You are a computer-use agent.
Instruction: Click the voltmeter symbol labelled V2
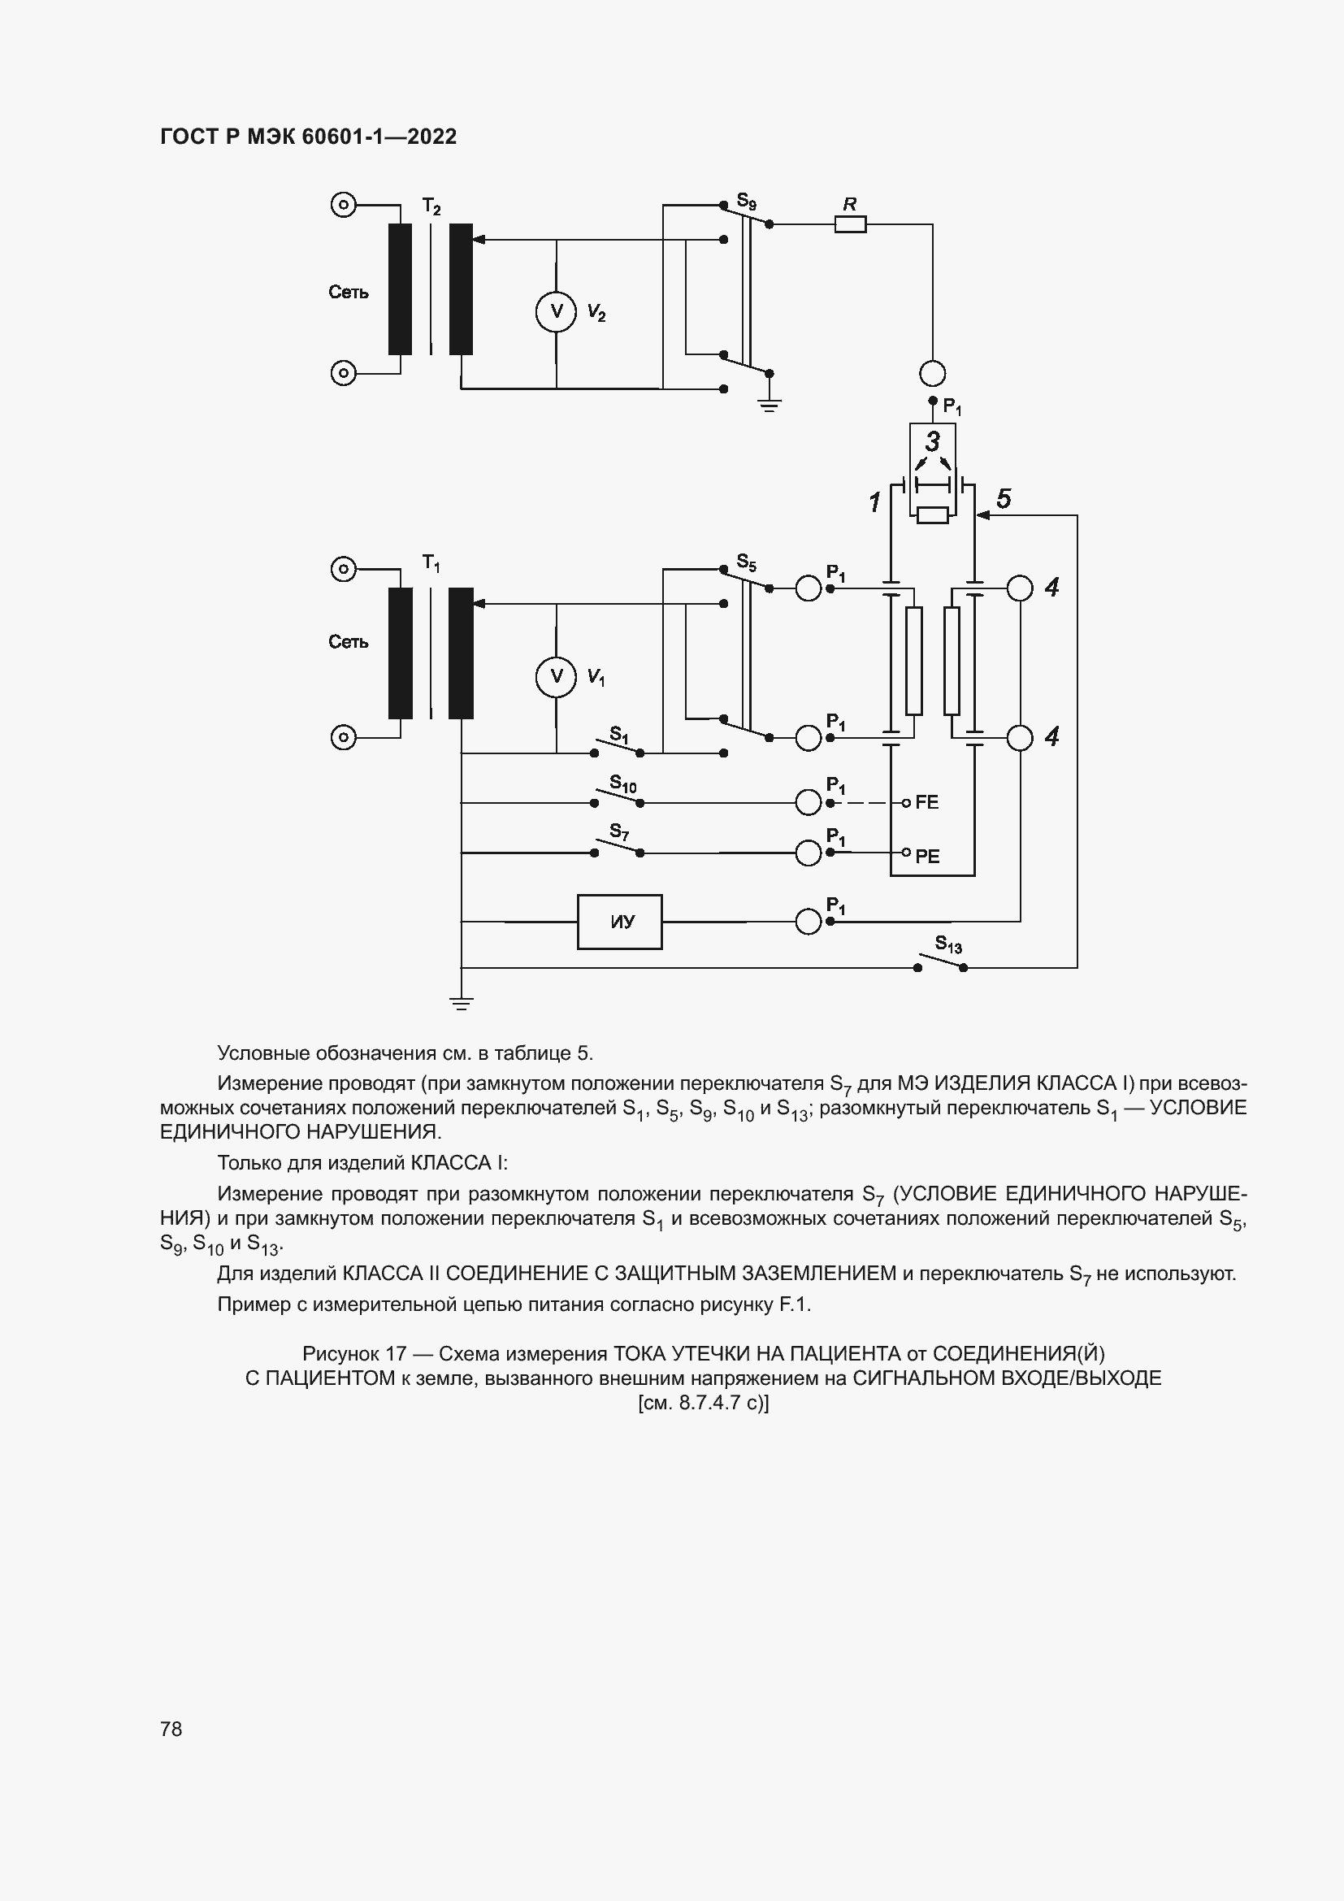(x=556, y=311)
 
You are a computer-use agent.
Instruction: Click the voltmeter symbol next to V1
(x=556, y=676)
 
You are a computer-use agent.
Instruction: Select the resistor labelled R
(x=850, y=224)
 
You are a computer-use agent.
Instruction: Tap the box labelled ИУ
(x=619, y=922)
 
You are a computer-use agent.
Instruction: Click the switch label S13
(x=947, y=944)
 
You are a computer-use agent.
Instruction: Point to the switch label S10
(x=622, y=783)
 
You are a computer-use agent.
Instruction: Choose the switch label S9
(x=747, y=202)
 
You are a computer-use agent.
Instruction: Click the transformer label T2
(x=431, y=206)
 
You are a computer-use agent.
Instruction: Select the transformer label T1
(x=431, y=564)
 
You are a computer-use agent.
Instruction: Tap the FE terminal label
(x=927, y=802)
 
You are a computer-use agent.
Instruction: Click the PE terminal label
(x=927, y=856)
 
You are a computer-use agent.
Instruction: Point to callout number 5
(x=1003, y=498)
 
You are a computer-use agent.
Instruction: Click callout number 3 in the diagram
(x=933, y=441)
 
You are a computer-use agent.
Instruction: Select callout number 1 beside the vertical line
(x=874, y=501)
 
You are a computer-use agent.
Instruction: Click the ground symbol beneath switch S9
(x=770, y=404)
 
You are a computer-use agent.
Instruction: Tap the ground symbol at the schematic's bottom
(x=461, y=1004)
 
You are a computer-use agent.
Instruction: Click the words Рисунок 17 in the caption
(x=354, y=1354)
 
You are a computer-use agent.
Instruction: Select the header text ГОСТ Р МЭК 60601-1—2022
(x=308, y=137)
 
